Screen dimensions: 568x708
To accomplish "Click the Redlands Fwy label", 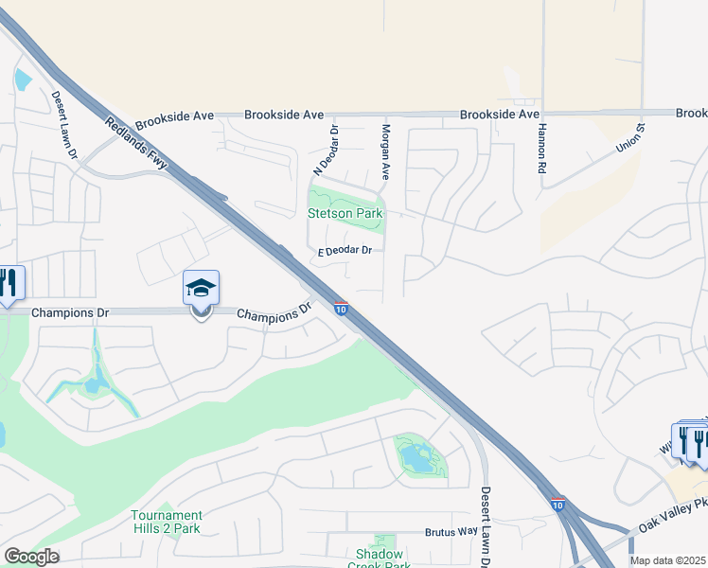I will (136, 145).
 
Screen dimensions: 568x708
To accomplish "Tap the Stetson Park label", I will (345, 214).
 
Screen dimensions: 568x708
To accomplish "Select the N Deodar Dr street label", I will (326, 151).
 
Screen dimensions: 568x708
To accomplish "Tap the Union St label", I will (629, 139).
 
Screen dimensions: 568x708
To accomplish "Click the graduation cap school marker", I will (201, 288).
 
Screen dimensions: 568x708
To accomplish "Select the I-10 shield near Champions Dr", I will (341, 309).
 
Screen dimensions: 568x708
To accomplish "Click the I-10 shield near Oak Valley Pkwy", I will (558, 506).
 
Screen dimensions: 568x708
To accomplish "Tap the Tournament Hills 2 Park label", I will (167, 522).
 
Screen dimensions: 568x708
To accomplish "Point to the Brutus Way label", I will (451, 532).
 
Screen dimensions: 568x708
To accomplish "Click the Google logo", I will (31, 557).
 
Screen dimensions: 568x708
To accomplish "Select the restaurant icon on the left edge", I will (8, 283).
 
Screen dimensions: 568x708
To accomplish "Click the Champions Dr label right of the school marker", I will (274, 314).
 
